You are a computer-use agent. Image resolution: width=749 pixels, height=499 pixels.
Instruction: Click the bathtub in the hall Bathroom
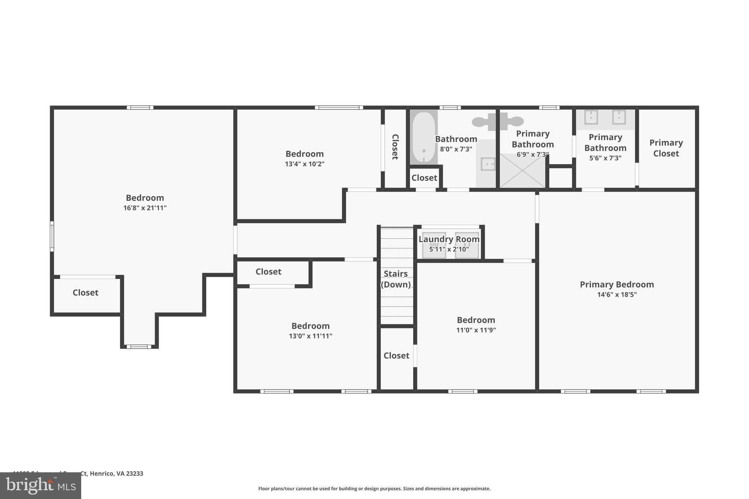(424, 137)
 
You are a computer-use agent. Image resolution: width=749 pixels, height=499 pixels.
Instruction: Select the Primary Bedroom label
(617, 284)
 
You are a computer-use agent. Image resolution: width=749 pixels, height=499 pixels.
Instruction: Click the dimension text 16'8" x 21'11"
(145, 208)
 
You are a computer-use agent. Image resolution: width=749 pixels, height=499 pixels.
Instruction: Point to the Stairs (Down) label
(396, 279)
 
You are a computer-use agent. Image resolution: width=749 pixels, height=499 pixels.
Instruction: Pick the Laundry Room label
(449, 239)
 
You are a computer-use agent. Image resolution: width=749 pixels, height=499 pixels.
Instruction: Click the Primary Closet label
(666, 148)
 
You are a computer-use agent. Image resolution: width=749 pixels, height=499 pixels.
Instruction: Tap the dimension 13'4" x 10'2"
(304, 164)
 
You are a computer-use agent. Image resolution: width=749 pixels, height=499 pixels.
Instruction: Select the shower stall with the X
(522, 171)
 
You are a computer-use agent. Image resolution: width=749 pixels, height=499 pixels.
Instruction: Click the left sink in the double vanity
(591, 118)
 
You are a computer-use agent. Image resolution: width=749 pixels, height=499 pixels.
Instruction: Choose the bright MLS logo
(41, 485)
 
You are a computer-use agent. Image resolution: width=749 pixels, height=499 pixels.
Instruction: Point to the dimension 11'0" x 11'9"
(476, 330)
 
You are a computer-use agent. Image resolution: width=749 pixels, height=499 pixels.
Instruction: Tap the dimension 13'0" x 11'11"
(310, 336)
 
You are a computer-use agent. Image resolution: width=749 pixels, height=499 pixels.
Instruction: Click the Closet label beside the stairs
(396, 356)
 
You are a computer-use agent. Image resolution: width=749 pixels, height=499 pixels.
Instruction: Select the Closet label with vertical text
(395, 147)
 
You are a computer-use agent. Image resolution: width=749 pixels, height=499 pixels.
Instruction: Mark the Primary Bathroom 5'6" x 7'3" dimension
(605, 158)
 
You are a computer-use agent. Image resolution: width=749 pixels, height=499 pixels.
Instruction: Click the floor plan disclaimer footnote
(374, 489)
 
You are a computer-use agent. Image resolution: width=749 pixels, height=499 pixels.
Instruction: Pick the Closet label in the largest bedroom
(85, 292)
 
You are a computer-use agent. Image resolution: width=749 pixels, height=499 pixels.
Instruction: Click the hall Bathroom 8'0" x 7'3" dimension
(456, 149)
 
